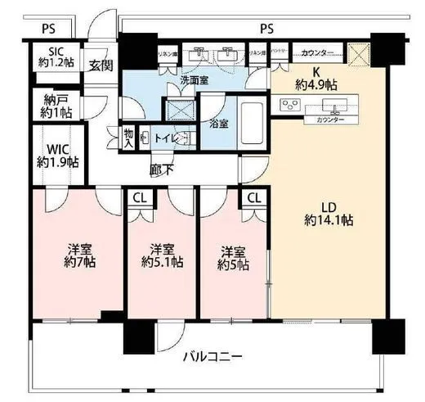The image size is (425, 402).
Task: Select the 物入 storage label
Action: [x=128, y=137]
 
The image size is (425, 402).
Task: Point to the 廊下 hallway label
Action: [x=161, y=169]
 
